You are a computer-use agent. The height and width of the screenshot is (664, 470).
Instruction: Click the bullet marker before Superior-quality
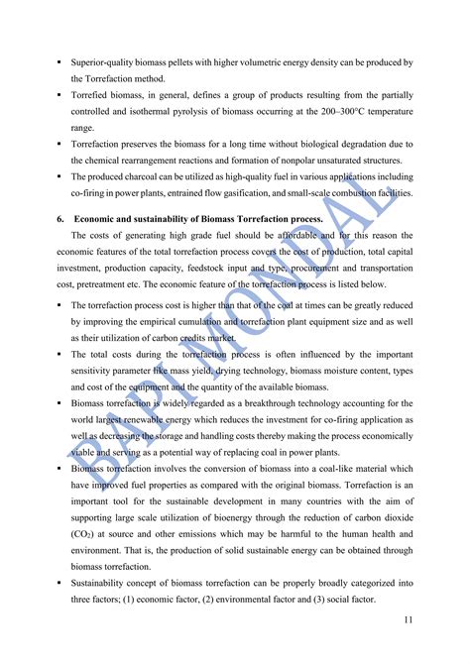pyautogui.click(x=61, y=62)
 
